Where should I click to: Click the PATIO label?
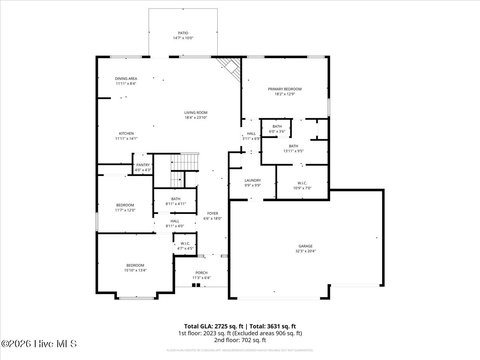click(183, 33)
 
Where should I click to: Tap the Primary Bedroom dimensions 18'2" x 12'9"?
click(284, 94)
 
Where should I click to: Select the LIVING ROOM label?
click(196, 112)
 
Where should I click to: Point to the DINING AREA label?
click(126, 78)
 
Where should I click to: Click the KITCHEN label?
click(126, 133)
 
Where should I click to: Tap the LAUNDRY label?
click(252, 180)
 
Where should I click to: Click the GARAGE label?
click(305, 246)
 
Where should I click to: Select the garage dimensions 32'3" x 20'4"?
click(305, 251)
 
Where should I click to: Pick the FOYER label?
click(212, 213)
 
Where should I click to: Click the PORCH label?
click(201, 272)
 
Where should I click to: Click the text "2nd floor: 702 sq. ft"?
click(240, 340)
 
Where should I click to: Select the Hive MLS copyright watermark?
click(39, 344)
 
